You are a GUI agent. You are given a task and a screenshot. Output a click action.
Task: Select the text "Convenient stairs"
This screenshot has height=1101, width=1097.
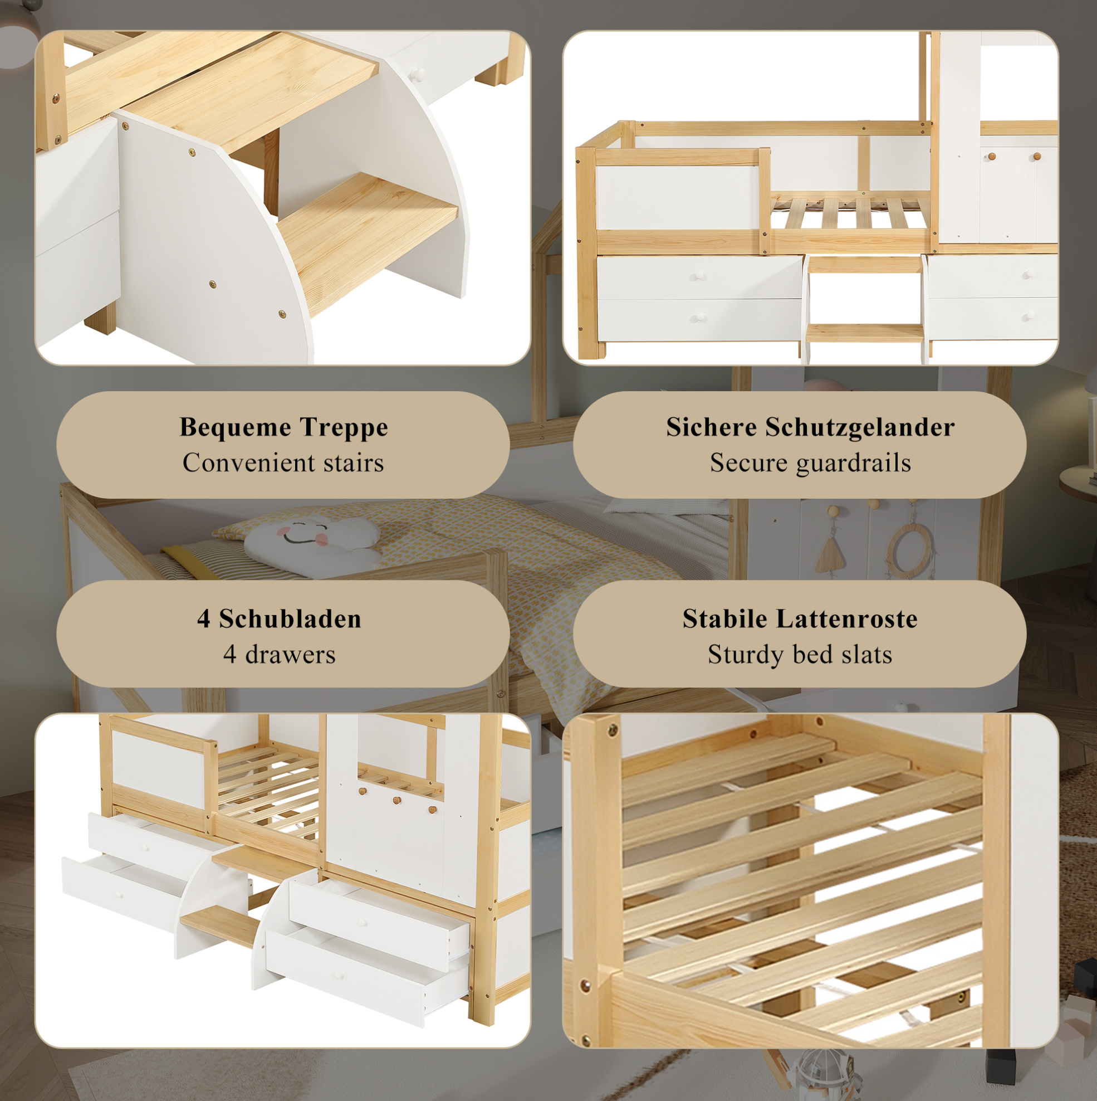pos(283,462)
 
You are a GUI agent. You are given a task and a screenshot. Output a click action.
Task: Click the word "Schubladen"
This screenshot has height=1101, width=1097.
pos(290,619)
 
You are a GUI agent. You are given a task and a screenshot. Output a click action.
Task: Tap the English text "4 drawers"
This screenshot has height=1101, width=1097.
pos(279,655)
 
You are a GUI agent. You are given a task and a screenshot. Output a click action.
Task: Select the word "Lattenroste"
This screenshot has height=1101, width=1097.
pos(847,619)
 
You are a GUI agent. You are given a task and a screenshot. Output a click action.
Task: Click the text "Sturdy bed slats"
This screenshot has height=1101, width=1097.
pos(800,655)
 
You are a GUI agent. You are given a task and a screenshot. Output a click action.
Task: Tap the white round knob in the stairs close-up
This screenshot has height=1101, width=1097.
pos(418,74)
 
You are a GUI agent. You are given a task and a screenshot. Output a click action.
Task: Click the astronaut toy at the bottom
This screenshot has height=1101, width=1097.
pos(820,1074)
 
